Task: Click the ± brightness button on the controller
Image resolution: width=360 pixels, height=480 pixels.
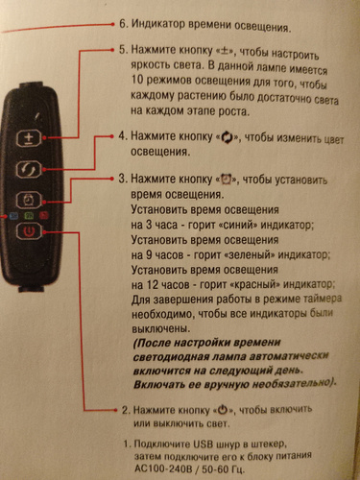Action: click(29, 138)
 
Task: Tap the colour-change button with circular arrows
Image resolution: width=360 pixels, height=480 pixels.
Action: click(29, 169)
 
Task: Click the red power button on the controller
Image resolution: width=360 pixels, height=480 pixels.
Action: click(29, 231)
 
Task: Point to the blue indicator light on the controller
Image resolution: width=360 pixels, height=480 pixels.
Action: click(13, 216)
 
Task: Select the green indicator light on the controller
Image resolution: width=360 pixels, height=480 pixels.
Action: click(29, 216)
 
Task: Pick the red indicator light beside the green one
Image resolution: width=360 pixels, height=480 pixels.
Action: click(44, 216)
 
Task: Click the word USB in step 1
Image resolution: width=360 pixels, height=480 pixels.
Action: click(204, 444)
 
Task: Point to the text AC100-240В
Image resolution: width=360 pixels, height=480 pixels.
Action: click(163, 469)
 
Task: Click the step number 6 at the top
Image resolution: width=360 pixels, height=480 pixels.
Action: click(123, 24)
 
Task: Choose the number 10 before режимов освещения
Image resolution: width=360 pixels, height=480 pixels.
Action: click(138, 80)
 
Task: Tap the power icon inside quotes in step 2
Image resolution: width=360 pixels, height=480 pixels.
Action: click(223, 410)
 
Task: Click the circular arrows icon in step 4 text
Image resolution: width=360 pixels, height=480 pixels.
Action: click(227, 138)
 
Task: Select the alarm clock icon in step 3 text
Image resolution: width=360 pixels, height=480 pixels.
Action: click(227, 180)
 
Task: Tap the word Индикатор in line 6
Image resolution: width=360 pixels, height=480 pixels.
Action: click(157, 25)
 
